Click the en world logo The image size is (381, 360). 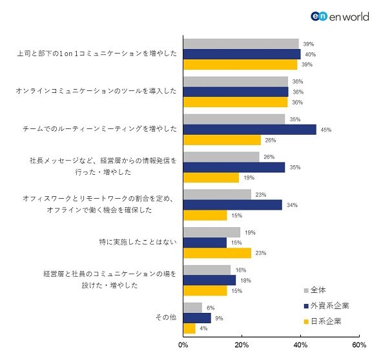click(340, 17)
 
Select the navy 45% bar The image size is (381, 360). click(250, 130)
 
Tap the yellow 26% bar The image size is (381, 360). click(222, 140)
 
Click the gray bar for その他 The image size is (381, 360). click(192, 308)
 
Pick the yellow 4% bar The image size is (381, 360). click(189, 328)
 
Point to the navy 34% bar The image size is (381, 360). click(232, 205)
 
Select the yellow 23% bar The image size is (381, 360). click(217, 253)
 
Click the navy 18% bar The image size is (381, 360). click(209, 281)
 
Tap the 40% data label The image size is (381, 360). click(311, 54)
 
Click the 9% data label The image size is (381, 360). click(219, 318)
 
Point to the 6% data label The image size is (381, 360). click(211, 308)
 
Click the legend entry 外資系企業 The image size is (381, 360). click(326, 306)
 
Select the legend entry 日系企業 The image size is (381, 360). click(322, 321)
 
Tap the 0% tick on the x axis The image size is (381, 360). click(183, 345)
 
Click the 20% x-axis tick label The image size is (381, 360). click(242, 345)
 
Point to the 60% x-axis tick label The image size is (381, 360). click(359, 345)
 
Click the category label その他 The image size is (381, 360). click(166, 317)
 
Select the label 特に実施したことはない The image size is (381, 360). click(138, 242)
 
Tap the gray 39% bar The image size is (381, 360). click(241, 44)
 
